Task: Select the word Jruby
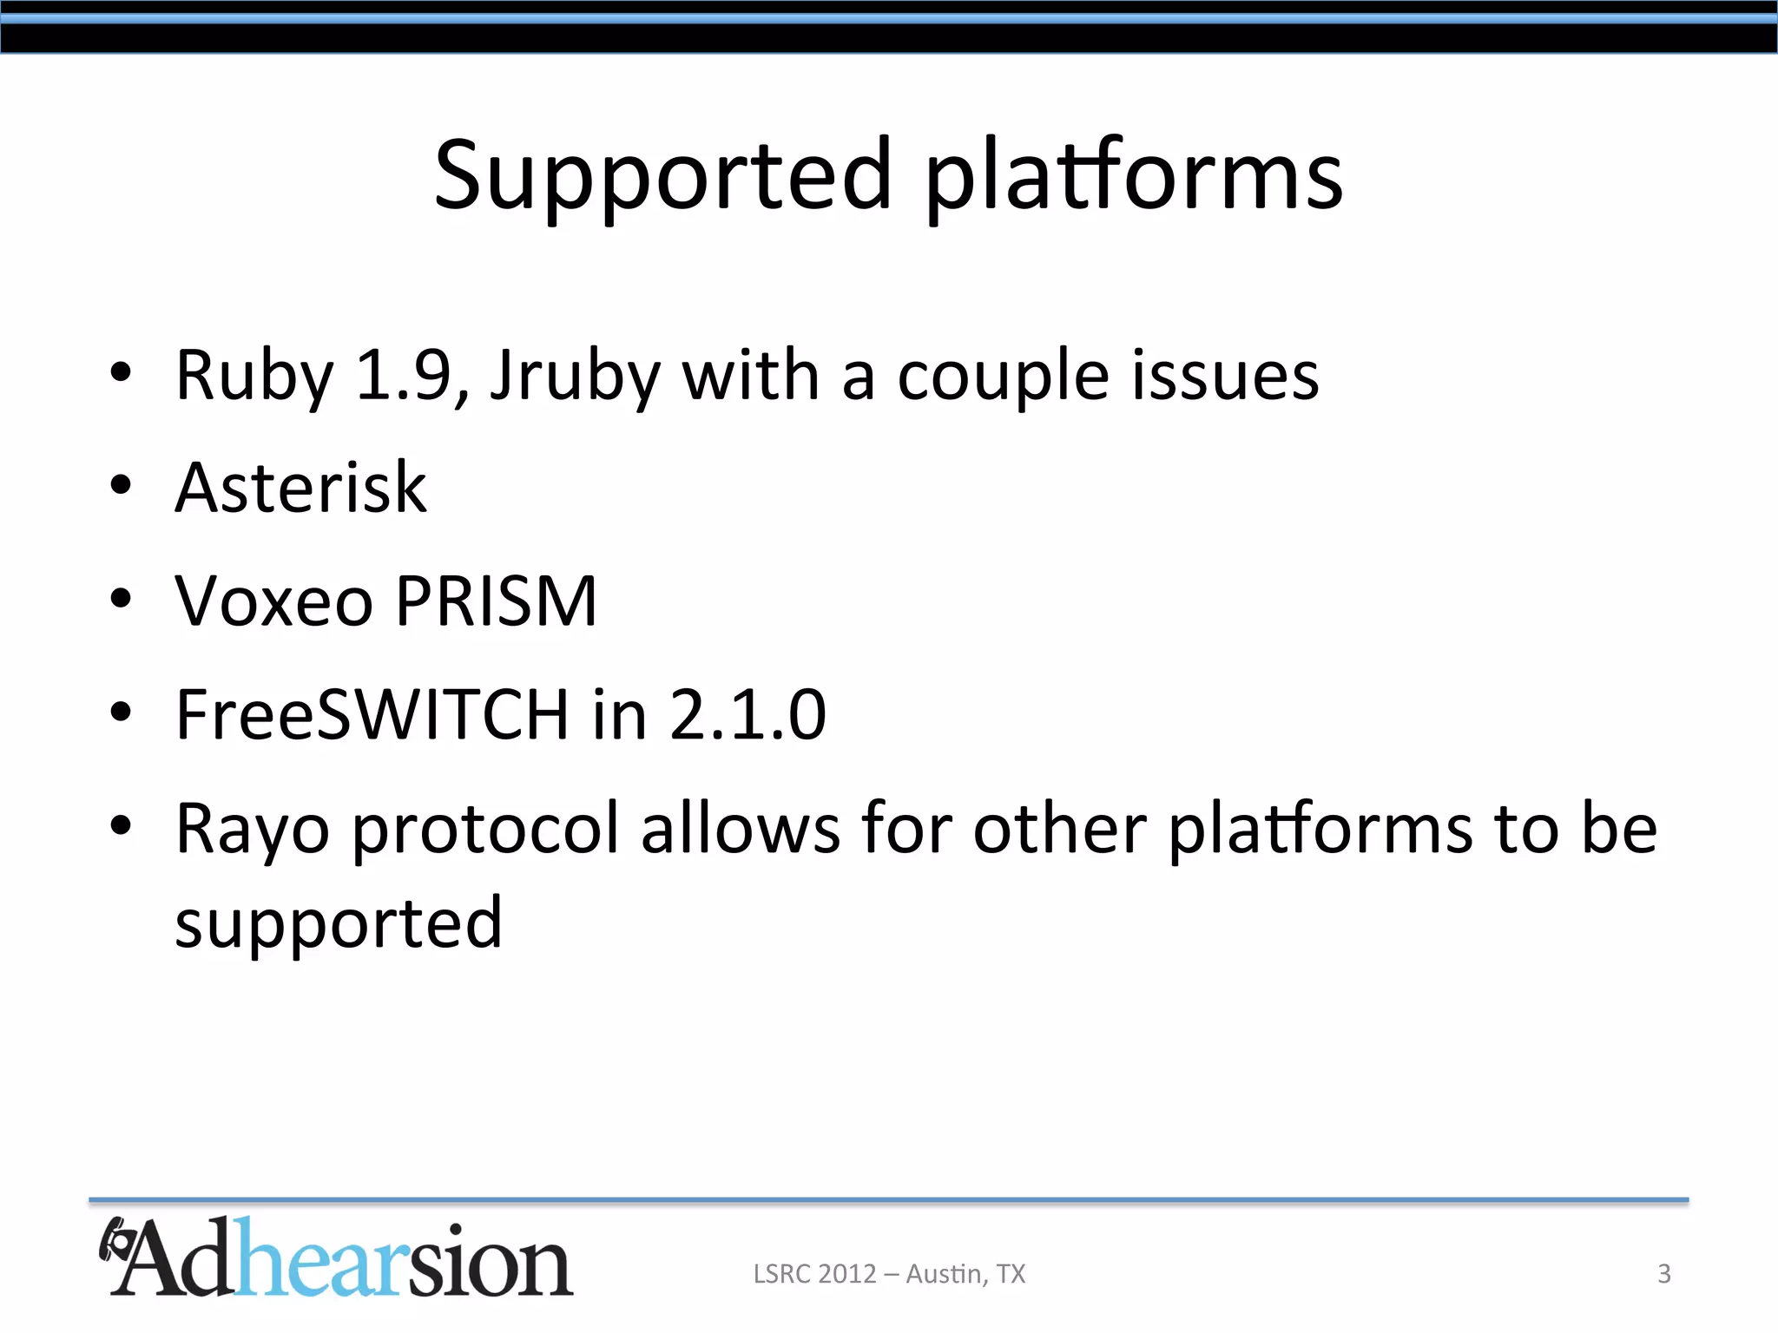pos(575,377)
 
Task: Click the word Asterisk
pos(300,488)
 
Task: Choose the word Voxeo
pos(273,601)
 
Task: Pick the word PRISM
pos(496,601)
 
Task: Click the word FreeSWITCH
pos(372,714)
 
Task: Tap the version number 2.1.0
pos(747,714)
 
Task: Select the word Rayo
pos(252,830)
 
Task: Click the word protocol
pos(487,830)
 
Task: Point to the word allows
pos(741,828)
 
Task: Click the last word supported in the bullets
pos(339,923)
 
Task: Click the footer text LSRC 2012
pos(814,1274)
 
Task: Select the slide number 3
pos(1664,1274)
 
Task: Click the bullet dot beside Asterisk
pos(121,486)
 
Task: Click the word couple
pos(1003,377)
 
